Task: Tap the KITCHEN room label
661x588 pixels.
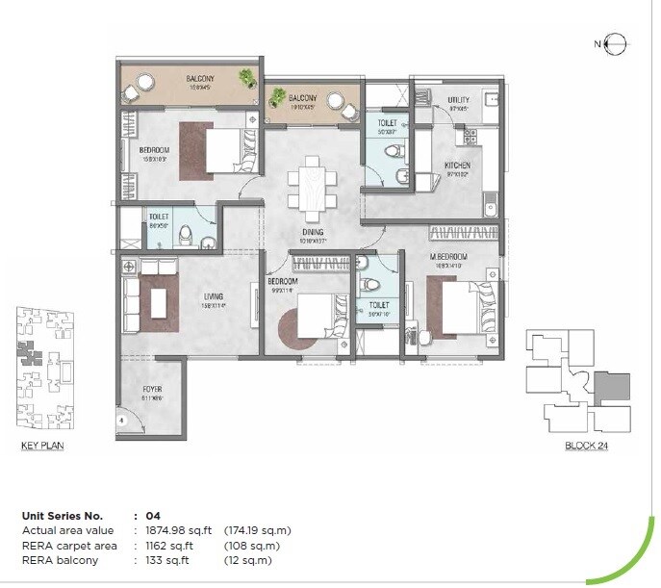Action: click(456, 166)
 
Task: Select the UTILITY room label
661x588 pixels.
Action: click(458, 100)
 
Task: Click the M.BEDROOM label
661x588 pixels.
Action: click(448, 257)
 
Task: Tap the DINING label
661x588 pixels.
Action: click(312, 232)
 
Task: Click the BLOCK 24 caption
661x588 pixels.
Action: click(586, 447)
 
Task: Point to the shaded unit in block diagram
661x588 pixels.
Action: click(610, 389)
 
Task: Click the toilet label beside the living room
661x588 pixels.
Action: click(158, 217)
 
